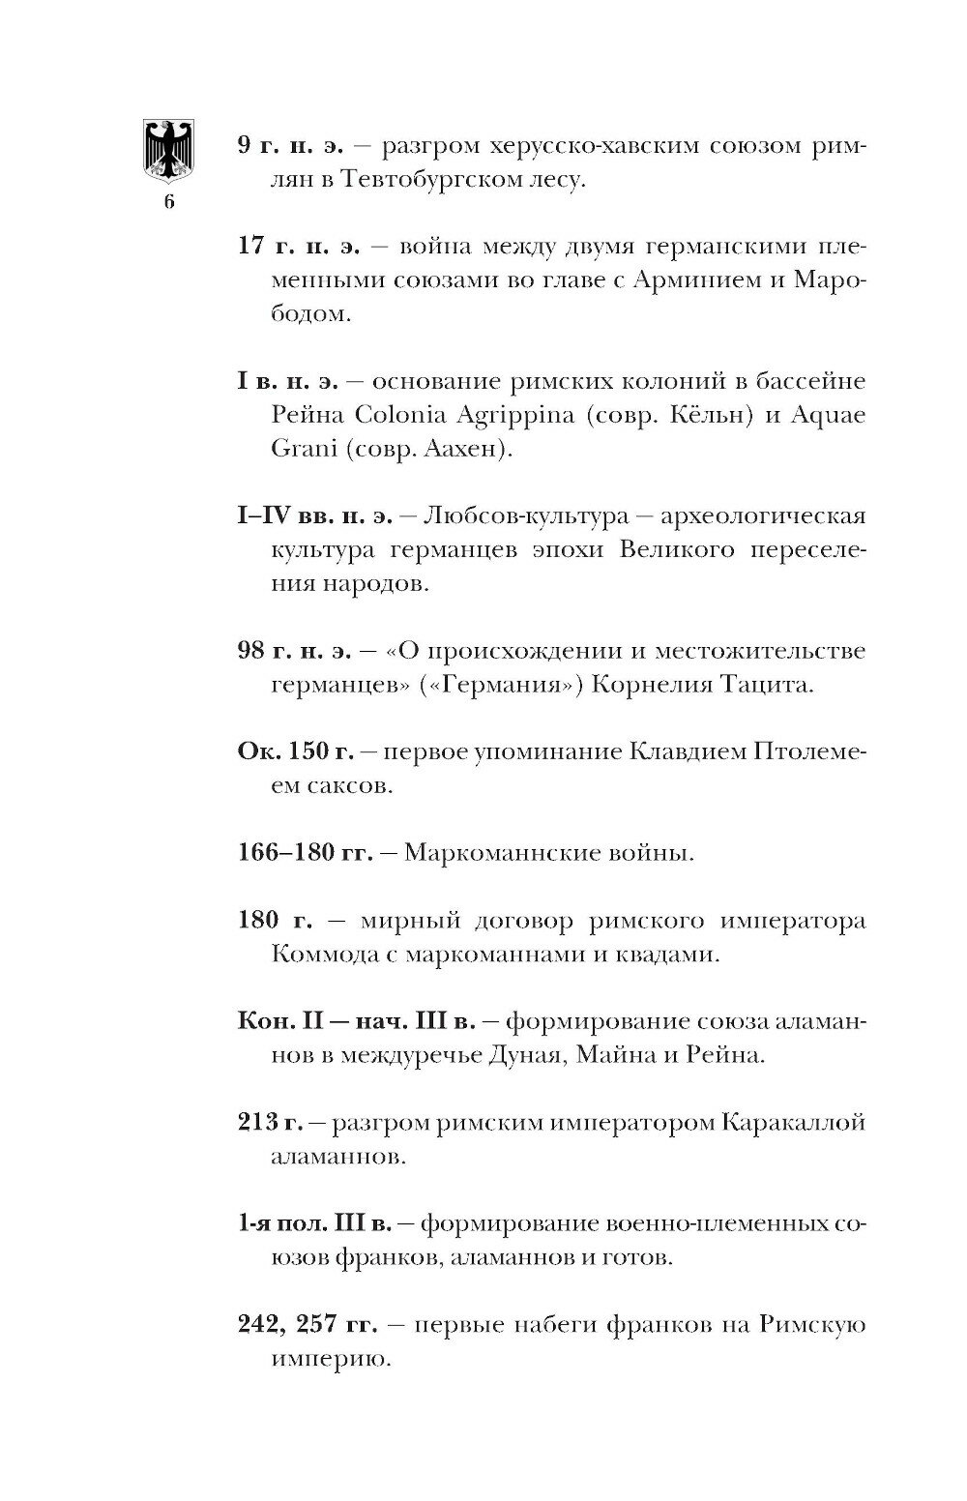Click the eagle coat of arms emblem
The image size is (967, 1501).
[x=168, y=149]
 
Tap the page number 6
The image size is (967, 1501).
[x=168, y=202]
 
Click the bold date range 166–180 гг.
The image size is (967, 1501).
[x=305, y=854]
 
